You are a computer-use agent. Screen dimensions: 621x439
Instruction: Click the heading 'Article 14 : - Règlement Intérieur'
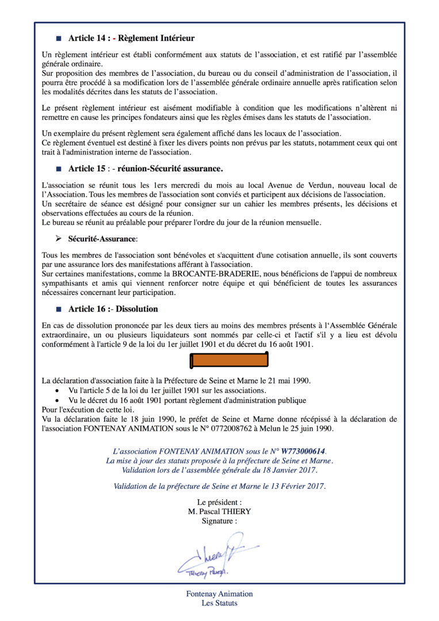pyautogui.click(x=131, y=39)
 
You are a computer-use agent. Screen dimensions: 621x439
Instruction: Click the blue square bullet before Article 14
pyautogui.click(x=58, y=39)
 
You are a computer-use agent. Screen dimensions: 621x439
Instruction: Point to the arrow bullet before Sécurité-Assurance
pyautogui.click(x=58, y=239)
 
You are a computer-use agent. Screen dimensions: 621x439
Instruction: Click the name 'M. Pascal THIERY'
pyautogui.click(x=219, y=512)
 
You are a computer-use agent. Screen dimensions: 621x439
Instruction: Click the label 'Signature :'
pyautogui.click(x=219, y=521)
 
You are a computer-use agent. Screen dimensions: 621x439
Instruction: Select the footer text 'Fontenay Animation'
pyautogui.click(x=219, y=594)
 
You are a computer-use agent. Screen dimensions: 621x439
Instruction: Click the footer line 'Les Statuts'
pyautogui.click(x=219, y=603)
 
